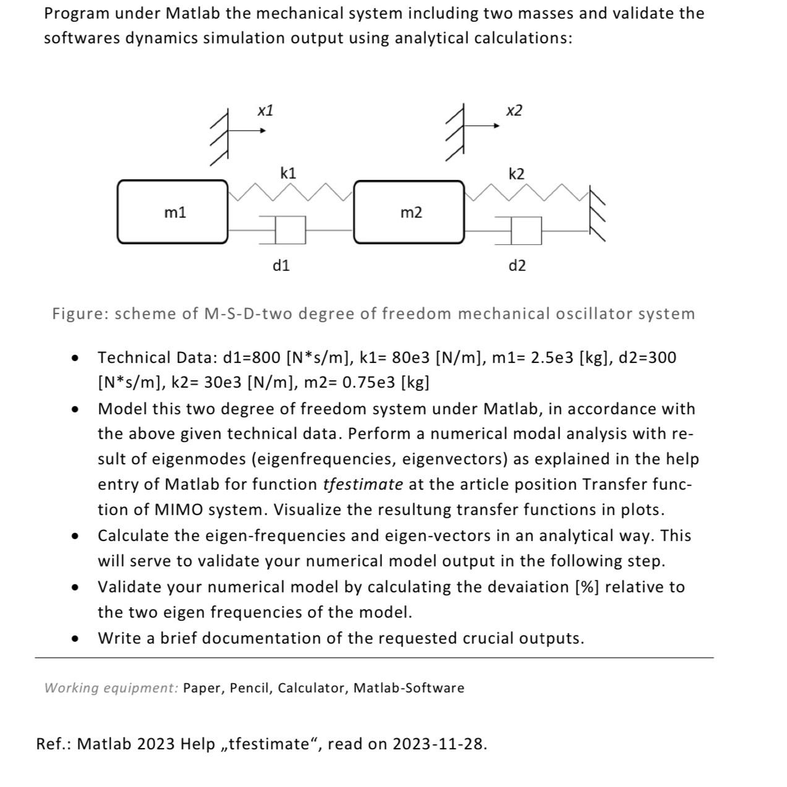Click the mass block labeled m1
point(172,212)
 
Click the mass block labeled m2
point(409,212)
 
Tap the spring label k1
point(288,173)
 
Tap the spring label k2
point(516,174)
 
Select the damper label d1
point(281,266)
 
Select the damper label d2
point(517,266)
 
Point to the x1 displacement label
point(265,111)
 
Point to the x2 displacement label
point(514,111)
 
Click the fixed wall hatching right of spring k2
point(597,213)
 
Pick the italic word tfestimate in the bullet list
point(363,484)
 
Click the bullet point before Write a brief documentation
point(75,639)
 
